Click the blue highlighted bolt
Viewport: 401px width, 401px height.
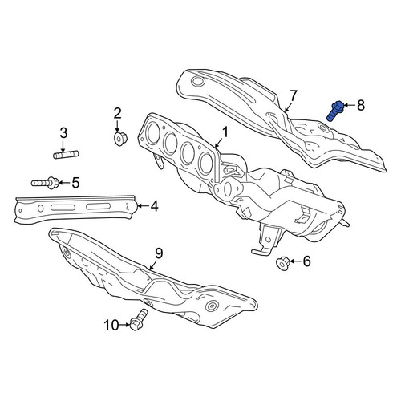click(334, 111)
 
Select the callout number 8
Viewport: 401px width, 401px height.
click(361, 105)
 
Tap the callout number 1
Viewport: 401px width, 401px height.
click(225, 132)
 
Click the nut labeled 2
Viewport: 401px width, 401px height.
click(120, 138)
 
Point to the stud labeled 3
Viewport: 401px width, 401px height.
click(66, 155)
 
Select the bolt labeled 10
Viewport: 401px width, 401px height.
click(138, 319)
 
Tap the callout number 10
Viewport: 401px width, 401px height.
click(111, 326)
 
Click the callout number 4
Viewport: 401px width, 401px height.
click(154, 206)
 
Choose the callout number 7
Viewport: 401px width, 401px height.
click(294, 95)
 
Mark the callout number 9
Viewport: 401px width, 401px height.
click(159, 253)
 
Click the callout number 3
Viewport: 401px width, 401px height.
click(63, 133)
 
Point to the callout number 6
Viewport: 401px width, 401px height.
click(306, 261)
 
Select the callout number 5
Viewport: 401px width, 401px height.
click(75, 183)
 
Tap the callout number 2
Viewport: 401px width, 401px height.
click(117, 113)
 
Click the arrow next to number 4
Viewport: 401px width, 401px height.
click(143, 206)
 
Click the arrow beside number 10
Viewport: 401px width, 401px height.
click(124, 325)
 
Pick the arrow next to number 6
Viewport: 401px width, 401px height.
click(294, 261)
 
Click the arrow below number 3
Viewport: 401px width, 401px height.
click(63, 146)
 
